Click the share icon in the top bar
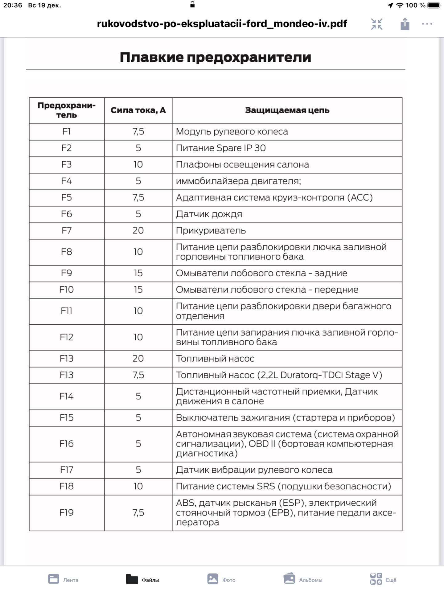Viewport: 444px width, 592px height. coord(405,24)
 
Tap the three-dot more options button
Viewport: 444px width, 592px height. coord(427,24)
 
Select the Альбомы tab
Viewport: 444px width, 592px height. coord(303,579)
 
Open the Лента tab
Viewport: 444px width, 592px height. coord(63,579)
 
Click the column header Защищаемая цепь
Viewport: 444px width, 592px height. coord(287,110)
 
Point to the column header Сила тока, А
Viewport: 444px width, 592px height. coord(138,110)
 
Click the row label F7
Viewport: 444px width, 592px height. coord(67,231)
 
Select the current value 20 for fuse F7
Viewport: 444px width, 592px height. coord(138,231)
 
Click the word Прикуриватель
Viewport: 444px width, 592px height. coord(211,231)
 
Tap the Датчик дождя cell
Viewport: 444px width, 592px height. coord(209,214)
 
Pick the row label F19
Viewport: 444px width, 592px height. coord(67,512)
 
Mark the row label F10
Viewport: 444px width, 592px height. coord(67,290)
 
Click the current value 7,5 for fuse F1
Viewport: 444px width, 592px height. coord(138,132)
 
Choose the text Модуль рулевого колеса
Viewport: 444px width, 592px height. coord(232,132)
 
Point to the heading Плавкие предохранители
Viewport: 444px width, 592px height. coord(216,57)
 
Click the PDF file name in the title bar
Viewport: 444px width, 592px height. coord(222,24)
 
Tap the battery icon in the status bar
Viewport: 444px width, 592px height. coord(434,5)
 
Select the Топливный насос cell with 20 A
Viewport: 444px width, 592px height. coord(215,359)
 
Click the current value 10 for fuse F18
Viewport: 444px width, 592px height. coord(138,486)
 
